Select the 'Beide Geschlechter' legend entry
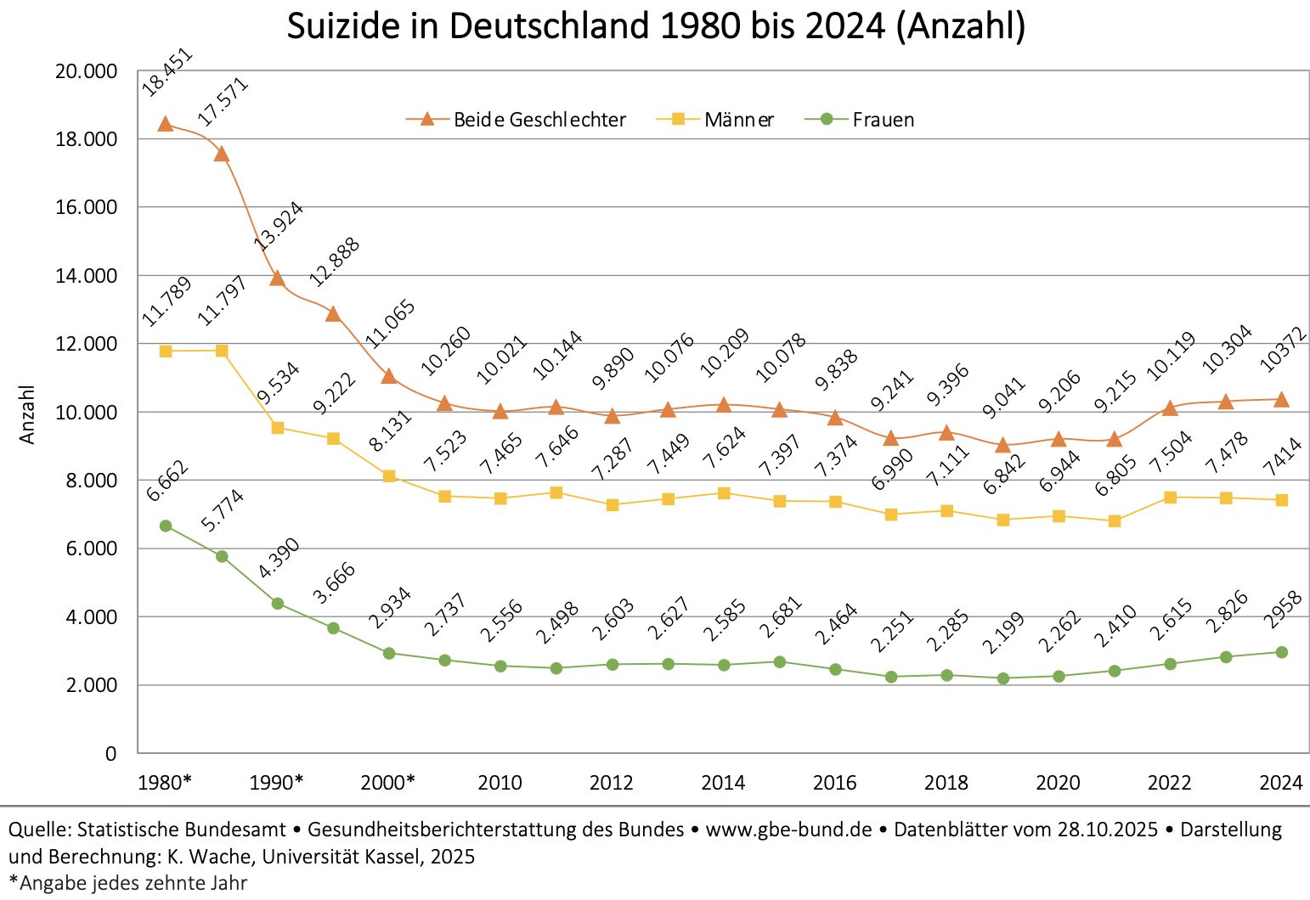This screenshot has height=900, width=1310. point(539,120)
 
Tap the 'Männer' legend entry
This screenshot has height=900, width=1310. point(738,120)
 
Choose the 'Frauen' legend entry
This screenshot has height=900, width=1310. point(883,120)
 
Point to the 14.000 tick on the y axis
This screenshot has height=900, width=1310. point(85,276)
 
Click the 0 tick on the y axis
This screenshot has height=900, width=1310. point(110,754)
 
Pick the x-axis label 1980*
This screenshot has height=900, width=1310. point(165,783)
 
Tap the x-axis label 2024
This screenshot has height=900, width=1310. point(1281,783)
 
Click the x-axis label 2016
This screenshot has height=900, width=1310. point(835,783)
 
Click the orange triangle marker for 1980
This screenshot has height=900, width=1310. point(166,124)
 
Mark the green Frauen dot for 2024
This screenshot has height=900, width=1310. point(1281,652)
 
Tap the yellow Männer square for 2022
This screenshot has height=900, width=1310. point(1170,498)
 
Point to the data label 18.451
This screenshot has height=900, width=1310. point(167,73)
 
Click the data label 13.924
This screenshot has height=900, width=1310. point(279,226)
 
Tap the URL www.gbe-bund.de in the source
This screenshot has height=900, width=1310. point(788,830)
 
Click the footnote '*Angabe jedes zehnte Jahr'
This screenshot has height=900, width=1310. point(127,883)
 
